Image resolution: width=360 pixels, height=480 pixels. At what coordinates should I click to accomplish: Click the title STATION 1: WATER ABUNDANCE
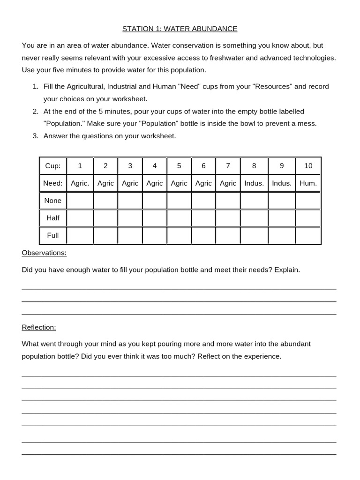[180, 29]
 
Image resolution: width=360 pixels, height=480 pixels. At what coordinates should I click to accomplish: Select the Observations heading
[44, 253]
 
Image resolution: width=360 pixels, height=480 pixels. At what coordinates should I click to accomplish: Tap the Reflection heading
[39, 327]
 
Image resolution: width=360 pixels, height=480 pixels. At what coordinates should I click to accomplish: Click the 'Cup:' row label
[53, 166]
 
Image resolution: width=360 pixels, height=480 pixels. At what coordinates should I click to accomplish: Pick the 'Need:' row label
[53, 183]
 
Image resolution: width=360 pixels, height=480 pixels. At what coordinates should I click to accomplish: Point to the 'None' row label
[53, 201]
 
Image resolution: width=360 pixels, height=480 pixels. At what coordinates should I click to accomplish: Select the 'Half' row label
[53, 218]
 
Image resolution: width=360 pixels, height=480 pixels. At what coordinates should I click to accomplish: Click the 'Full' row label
[53, 235]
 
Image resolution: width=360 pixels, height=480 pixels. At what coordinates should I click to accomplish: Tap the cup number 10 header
[308, 166]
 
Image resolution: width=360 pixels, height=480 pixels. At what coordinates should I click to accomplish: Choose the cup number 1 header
[80, 166]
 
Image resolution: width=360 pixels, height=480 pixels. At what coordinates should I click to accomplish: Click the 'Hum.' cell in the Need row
[308, 183]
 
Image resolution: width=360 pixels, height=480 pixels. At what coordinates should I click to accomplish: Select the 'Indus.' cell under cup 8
[254, 183]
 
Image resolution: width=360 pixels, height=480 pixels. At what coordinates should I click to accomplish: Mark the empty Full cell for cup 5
[179, 235]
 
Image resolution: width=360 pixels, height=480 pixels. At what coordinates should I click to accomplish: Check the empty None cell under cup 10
[308, 201]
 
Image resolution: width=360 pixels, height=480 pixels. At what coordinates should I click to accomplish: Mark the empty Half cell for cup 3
[130, 218]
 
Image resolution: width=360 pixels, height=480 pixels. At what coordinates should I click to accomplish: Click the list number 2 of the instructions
[36, 112]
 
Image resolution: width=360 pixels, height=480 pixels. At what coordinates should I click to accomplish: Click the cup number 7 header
[228, 166]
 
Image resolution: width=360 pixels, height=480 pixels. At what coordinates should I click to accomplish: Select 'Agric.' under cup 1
[80, 183]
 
